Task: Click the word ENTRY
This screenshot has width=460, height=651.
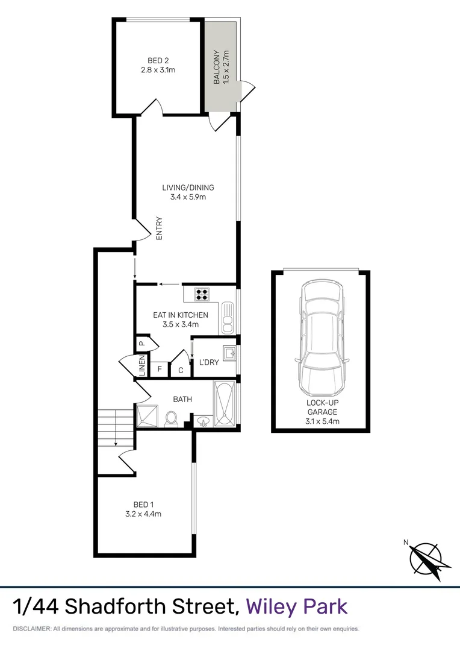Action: click(x=160, y=228)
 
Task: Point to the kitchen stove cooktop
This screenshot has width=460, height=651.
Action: click(x=202, y=294)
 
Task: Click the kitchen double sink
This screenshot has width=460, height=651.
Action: click(x=227, y=318)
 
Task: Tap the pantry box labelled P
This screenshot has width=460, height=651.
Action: click(x=141, y=344)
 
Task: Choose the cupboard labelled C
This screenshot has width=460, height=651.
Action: click(x=181, y=370)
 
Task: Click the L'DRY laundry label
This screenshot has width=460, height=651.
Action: click(x=208, y=362)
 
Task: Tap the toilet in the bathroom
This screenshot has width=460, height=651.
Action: click(x=171, y=418)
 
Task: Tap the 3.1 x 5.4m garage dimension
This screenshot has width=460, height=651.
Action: click(x=321, y=421)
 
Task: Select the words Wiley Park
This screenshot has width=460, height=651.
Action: click(x=297, y=606)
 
